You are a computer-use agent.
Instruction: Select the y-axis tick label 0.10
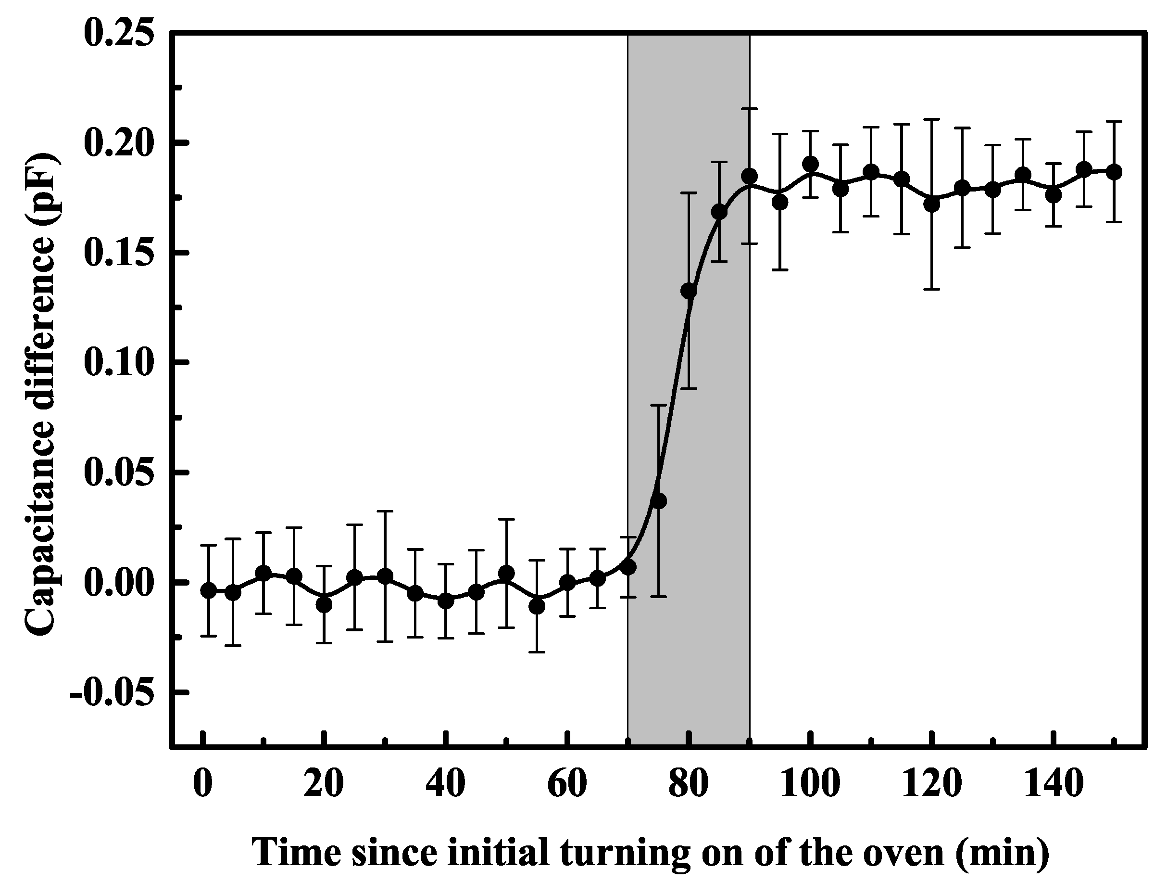(x=119, y=363)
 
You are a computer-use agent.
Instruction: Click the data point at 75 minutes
(x=658, y=501)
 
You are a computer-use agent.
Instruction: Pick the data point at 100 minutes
(x=810, y=164)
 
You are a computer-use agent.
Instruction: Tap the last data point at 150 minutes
(x=1114, y=172)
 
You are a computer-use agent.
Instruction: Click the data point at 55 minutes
(x=537, y=607)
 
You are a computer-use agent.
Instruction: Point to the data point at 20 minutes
(x=325, y=605)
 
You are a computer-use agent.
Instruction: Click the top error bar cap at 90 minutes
(x=750, y=109)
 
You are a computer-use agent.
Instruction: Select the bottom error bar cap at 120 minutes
(x=932, y=289)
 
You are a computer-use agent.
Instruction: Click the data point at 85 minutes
(x=719, y=212)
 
